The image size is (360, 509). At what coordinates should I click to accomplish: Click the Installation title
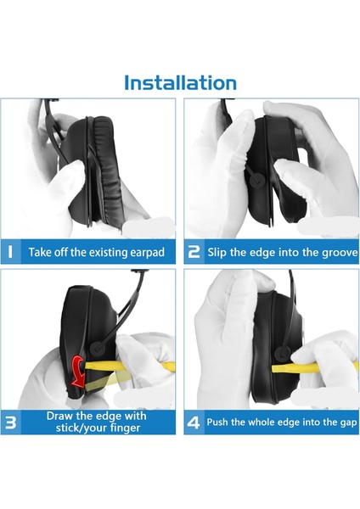tap(180, 82)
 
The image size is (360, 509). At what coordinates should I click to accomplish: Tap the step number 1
tap(10, 252)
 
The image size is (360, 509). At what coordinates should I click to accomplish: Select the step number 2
tap(194, 252)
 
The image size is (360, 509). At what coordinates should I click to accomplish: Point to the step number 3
tap(11, 422)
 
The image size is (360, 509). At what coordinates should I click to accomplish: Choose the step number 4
tap(194, 422)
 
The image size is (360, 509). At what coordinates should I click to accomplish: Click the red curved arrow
tap(79, 372)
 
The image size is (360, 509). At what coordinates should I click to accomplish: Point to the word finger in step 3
tap(125, 428)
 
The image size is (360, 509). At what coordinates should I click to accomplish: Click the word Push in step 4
tap(217, 422)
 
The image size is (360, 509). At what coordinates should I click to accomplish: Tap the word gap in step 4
tap(349, 423)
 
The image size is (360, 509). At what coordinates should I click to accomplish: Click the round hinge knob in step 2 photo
tap(256, 180)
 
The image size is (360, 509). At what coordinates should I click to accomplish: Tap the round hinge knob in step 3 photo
tap(97, 348)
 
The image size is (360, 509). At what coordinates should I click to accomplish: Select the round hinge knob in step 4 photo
tap(282, 354)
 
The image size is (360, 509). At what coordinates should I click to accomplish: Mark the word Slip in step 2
tap(217, 253)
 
